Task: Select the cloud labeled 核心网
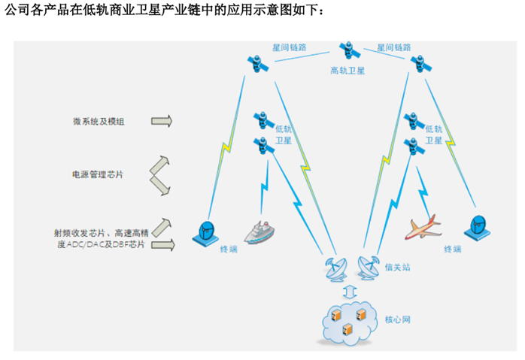348,321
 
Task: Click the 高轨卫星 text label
347,71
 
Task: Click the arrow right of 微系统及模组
161,120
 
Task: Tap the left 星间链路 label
289,47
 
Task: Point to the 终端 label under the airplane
453,248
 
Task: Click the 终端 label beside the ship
229,248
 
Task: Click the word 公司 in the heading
17,11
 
